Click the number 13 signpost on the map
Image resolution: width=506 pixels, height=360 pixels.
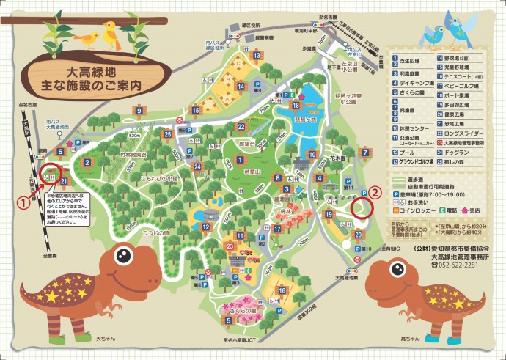coord(256,55)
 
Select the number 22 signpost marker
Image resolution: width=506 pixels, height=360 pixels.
coord(241,126)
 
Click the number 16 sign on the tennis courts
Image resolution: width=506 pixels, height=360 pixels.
coord(282,291)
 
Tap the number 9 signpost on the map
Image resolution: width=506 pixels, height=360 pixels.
coord(139,111)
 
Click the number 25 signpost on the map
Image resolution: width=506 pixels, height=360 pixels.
coord(168,134)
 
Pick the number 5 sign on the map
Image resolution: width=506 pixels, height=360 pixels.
coord(227,320)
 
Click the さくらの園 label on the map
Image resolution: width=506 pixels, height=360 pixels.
coord(243,310)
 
